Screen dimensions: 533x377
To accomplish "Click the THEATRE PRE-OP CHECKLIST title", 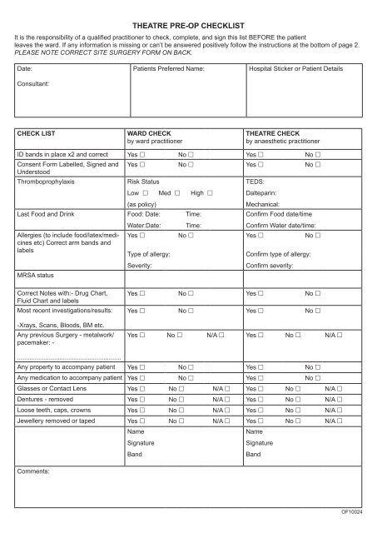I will pyautogui.click(x=188, y=27).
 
